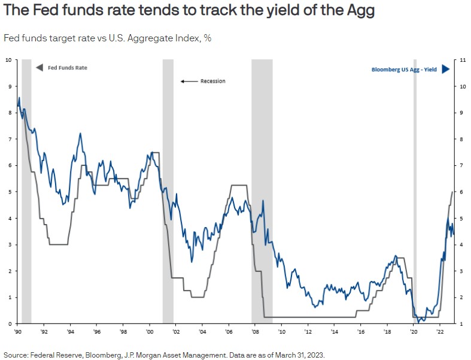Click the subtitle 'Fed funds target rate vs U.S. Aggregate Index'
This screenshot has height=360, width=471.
tap(108, 38)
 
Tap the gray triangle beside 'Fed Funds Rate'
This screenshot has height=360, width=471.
tap(39, 68)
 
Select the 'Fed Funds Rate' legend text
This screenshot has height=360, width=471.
tap(67, 68)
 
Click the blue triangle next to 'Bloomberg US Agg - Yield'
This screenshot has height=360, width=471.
tap(445, 69)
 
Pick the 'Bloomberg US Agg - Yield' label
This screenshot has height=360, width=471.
tap(405, 69)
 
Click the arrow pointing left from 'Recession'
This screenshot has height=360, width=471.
tap(189, 81)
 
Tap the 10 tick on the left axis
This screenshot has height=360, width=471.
tap(8, 60)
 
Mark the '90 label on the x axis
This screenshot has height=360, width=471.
tap(18, 331)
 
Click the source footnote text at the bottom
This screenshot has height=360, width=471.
tap(163, 354)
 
